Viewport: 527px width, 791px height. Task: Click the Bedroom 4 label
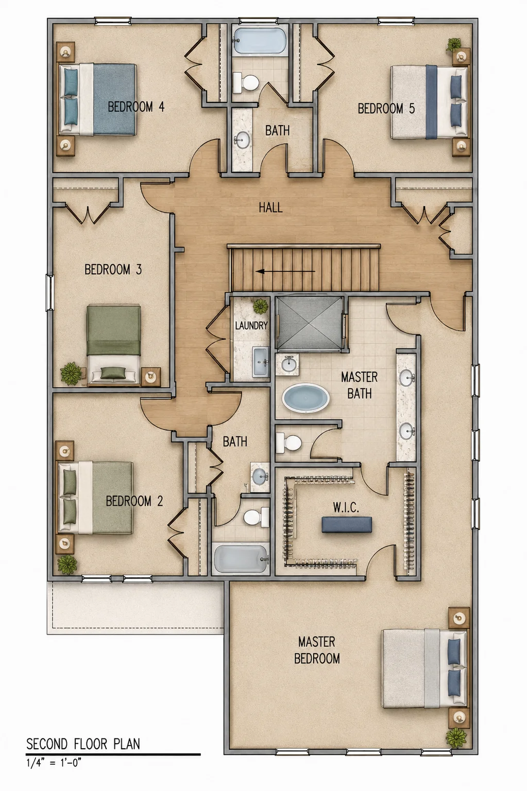point(136,107)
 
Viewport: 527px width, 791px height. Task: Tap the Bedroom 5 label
point(386,109)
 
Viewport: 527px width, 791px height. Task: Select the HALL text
point(270,207)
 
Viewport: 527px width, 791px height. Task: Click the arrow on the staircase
point(285,272)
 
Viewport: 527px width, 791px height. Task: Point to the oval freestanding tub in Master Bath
point(305,398)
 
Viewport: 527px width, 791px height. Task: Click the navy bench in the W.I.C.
point(347,524)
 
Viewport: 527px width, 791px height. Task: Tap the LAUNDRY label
point(251,325)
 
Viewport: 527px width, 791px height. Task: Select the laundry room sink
point(261,361)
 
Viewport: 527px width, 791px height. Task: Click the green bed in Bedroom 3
point(113,344)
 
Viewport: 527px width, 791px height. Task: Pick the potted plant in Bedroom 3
point(71,373)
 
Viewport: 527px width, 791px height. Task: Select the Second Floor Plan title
point(83,744)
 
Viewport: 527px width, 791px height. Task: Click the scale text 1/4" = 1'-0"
point(54,763)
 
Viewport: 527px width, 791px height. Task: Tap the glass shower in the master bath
point(310,323)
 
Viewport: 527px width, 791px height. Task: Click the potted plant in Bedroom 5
point(453,45)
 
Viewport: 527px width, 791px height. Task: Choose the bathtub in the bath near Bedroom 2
point(241,559)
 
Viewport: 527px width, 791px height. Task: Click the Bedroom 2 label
point(134,501)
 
